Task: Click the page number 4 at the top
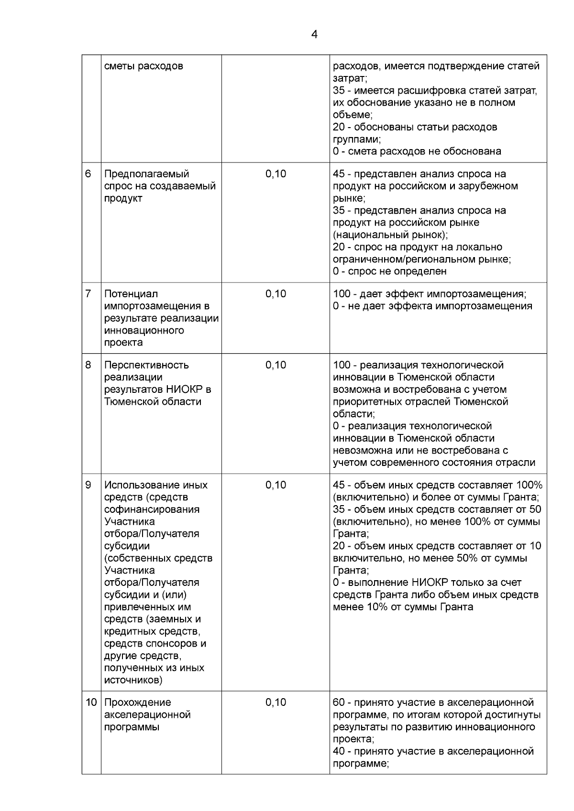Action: pyautogui.click(x=314, y=34)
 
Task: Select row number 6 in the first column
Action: pyautogui.click(x=88, y=174)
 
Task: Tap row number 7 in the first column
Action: pyautogui.click(x=88, y=294)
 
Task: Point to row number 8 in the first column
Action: pyautogui.click(x=88, y=365)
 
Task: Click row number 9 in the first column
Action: pyautogui.click(x=88, y=485)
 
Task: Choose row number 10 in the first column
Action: pyautogui.click(x=90, y=703)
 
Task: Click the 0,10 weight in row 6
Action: pyautogui.click(x=276, y=174)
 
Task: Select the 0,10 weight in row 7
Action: pyautogui.click(x=276, y=294)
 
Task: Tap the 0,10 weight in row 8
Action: pyautogui.click(x=276, y=365)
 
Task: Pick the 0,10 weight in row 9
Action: pyautogui.click(x=276, y=485)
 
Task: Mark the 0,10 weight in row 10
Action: pyautogui.click(x=276, y=703)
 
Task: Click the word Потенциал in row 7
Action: pyautogui.click(x=131, y=294)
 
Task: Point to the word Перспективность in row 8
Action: pyautogui.click(x=146, y=365)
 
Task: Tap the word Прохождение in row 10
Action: pyautogui.click(x=137, y=703)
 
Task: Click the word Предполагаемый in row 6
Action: pyautogui.click(x=146, y=174)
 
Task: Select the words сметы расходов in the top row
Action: pyautogui.click(x=143, y=66)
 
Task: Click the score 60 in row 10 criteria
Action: pyautogui.click(x=339, y=703)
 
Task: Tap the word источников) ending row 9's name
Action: pyautogui.click(x=133, y=680)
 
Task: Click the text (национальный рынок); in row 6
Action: pyautogui.click(x=390, y=235)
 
